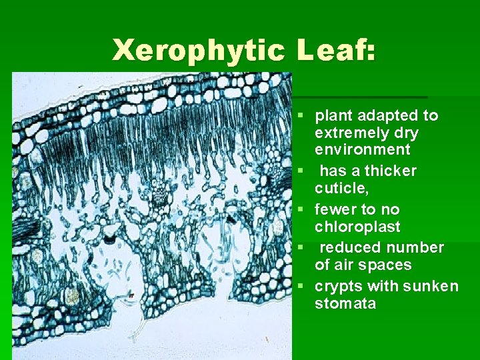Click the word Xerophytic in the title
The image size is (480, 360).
[x=198, y=51]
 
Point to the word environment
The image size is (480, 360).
[x=362, y=149]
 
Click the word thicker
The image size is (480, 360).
[x=390, y=171]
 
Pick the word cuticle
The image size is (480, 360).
[x=339, y=188]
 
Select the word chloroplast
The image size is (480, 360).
[x=357, y=227]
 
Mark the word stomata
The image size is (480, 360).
[x=345, y=303]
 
